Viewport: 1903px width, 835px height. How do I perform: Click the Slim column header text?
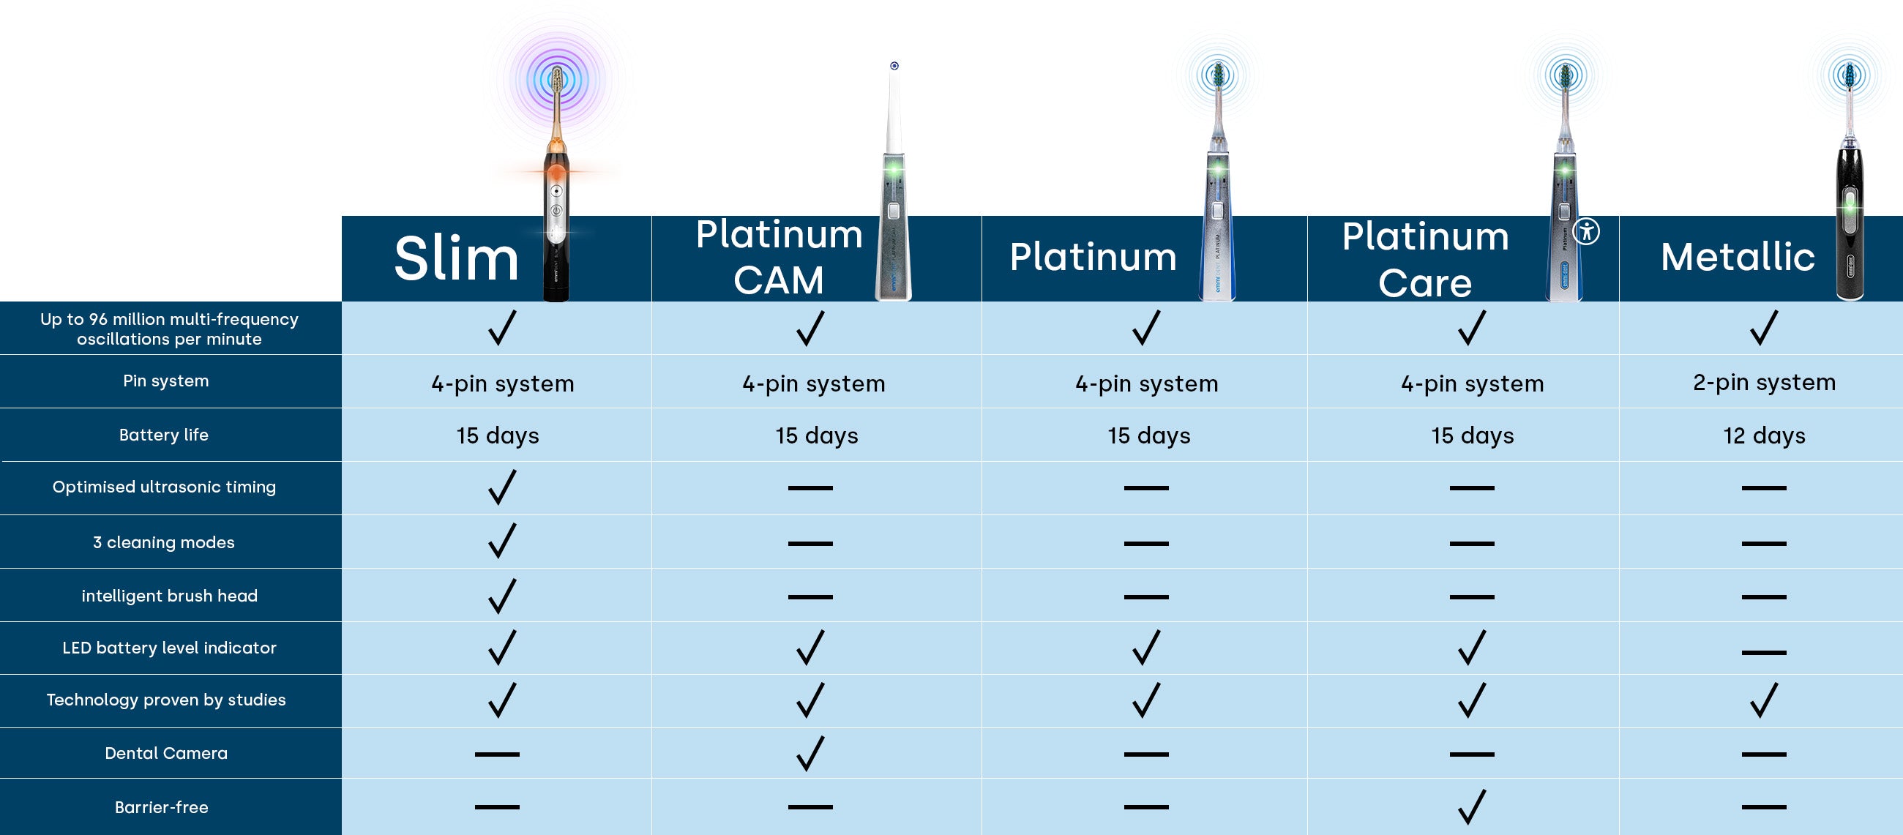[456, 258]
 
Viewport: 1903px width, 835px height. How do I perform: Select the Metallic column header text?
[1737, 257]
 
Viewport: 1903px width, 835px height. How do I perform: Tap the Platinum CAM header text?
[779, 257]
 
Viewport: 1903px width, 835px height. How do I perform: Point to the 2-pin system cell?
[1763, 382]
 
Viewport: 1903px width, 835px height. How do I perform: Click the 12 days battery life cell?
[1763, 435]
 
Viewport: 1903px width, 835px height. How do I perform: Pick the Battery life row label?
[164, 435]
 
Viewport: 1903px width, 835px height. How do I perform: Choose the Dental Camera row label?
[166, 753]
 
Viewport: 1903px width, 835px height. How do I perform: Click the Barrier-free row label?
[162, 807]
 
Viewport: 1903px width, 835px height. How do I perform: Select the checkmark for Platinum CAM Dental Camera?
[810, 753]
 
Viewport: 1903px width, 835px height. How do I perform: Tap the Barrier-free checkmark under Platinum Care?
[1471, 806]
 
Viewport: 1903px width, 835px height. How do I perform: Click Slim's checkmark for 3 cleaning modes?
[501, 541]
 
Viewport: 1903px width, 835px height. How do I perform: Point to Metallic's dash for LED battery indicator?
[1763, 652]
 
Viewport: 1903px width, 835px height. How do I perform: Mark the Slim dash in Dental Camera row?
[497, 754]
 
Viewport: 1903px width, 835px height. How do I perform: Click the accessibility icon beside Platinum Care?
[1586, 231]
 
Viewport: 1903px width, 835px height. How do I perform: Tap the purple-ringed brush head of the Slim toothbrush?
[558, 80]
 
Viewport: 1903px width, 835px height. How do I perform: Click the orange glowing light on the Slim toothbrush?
[556, 173]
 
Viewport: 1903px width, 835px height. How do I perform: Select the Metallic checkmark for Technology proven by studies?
[1763, 700]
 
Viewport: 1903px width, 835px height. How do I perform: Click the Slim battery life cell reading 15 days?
[497, 435]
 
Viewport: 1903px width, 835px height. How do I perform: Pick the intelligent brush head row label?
[169, 596]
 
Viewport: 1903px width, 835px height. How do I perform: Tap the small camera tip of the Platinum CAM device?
[894, 67]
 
